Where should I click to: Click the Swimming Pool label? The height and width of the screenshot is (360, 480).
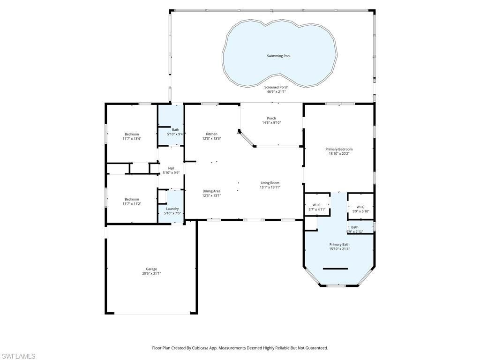point(278,56)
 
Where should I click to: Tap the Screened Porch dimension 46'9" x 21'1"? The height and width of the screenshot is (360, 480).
point(276,91)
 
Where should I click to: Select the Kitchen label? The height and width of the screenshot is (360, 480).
point(211,134)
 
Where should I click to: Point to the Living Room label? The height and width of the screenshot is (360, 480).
point(270,183)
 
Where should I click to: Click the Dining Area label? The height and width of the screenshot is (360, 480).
point(211,191)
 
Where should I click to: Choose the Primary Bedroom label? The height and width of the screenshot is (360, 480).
point(339,149)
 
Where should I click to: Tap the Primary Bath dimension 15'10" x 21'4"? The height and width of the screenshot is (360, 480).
point(339,249)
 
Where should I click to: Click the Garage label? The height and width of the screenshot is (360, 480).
point(151,269)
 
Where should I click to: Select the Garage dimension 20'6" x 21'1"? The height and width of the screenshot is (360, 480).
point(151,273)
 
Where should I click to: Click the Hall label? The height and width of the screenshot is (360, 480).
point(171,168)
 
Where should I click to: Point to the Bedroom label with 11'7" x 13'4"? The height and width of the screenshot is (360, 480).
point(132,134)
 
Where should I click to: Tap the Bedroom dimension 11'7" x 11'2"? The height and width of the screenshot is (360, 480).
point(132,204)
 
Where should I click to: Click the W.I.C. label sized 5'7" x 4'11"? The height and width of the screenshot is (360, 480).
point(316,205)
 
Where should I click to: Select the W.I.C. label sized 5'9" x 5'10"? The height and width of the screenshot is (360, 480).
point(360,207)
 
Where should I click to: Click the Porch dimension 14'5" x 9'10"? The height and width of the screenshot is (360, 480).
point(271,123)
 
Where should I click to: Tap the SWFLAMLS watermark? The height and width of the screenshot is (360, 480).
point(18,357)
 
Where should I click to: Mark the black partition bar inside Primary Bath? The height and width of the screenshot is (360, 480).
point(335,269)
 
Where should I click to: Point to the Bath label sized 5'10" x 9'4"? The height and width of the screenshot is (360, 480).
point(175,130)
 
